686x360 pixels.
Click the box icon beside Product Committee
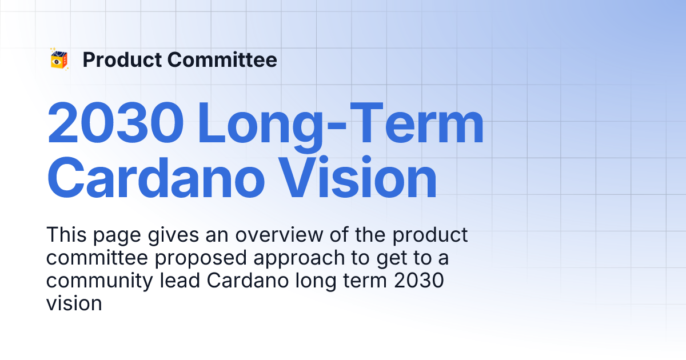[59, 59]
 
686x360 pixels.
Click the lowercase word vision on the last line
[74, 303]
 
